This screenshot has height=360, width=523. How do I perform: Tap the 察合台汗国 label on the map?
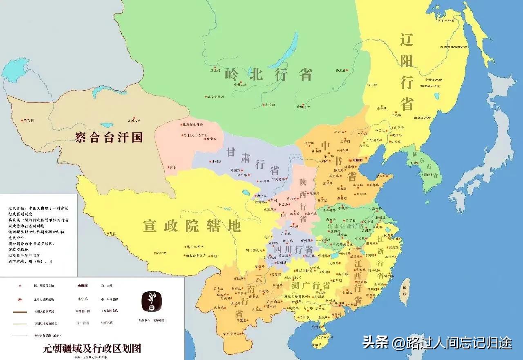[109, 137]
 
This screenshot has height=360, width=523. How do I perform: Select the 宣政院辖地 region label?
[192, 226]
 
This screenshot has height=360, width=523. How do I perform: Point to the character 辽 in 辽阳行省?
[407, 41]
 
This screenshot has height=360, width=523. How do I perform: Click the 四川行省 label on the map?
[293, 249]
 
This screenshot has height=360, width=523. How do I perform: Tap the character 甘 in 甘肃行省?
[232, 152]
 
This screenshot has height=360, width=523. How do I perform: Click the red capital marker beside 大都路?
[351, 160]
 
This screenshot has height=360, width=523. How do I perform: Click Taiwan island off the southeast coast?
[404, 291]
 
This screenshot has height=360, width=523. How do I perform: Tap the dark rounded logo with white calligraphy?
[152, 301]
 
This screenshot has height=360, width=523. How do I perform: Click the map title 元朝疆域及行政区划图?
[92, 349]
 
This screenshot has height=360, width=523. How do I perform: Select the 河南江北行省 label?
[345, 226]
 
